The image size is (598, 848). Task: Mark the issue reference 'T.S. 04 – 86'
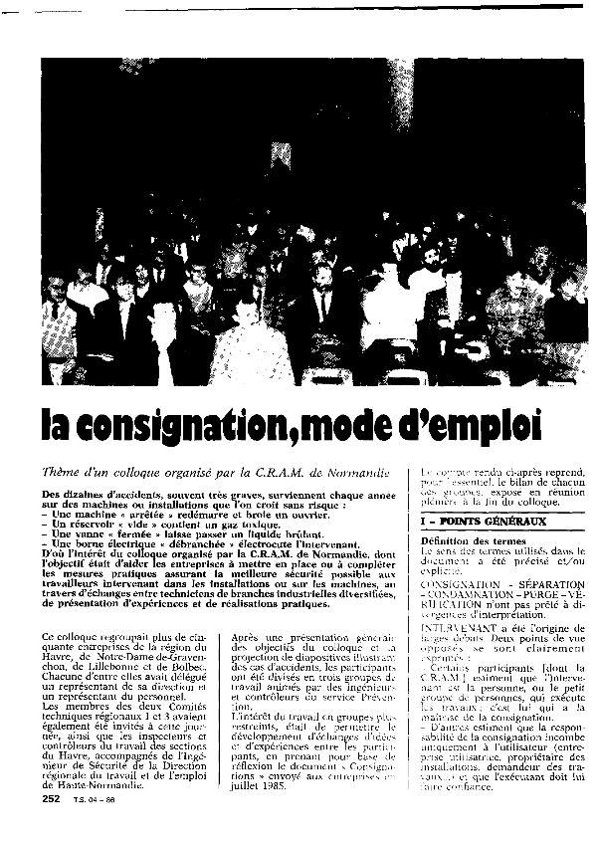[x=93, y=799]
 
